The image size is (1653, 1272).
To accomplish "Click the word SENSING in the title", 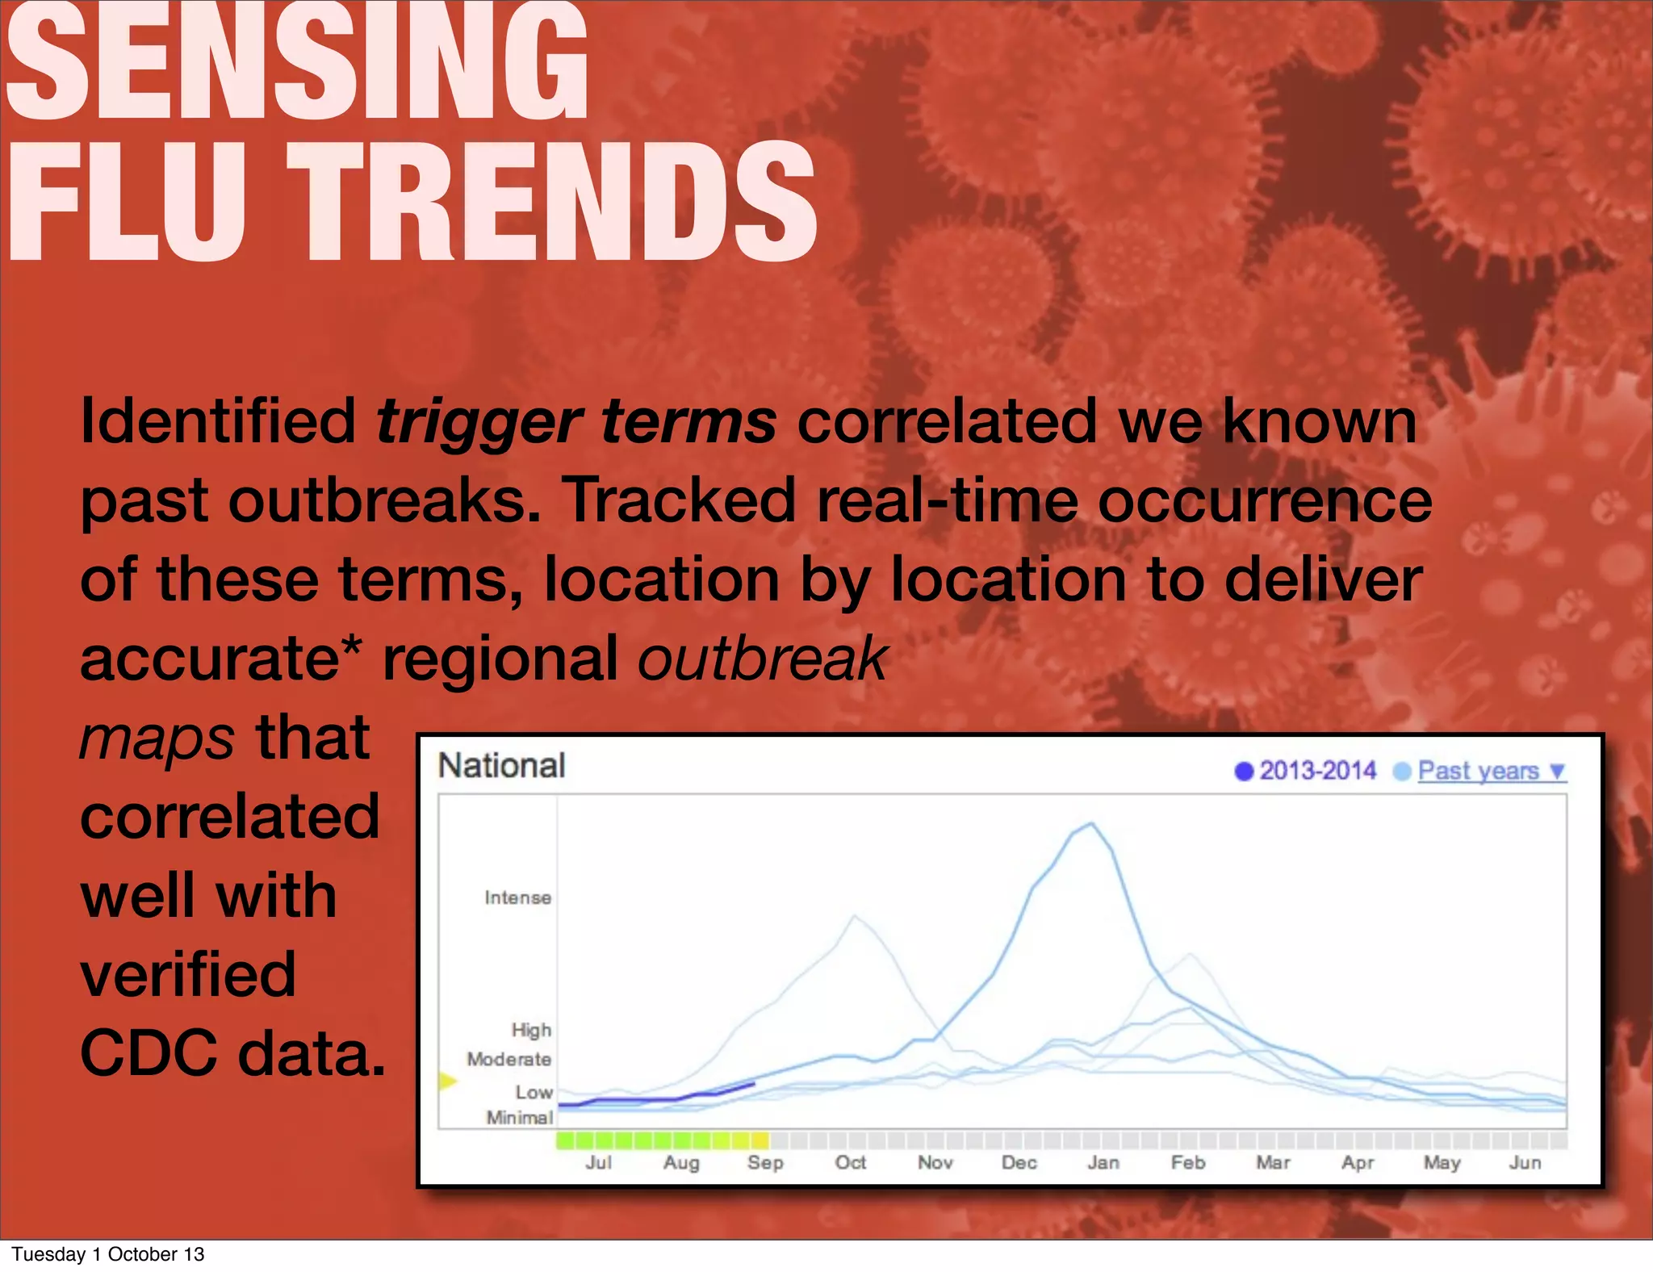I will tap(297, 65).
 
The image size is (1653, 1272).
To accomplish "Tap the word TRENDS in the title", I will tap(552, 203).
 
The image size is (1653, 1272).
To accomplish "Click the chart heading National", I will tap(501, 766).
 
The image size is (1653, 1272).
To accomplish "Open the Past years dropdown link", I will tap(1491, 772).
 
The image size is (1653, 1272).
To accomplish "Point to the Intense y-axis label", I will tap(517, 898).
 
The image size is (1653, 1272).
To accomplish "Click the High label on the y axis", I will tap(530, 1030).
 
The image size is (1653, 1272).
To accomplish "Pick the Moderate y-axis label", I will tap(508, 1059).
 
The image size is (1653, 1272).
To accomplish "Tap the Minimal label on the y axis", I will tap(519, 1118).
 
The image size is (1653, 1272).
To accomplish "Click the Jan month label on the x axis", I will tap(1103, 1163).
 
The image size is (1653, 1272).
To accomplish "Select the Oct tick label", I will tap(850, 1163).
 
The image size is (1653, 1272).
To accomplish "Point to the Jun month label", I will tap(1525, 1163).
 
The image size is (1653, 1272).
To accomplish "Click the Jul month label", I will tap(598, 1163).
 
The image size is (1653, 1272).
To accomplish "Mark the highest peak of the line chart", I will tap(1091, 823).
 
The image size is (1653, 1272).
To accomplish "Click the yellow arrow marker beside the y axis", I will tap(447, 1081).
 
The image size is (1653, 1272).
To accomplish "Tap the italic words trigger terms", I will tap(575, 422).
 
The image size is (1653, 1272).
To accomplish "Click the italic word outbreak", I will tap(763, 659).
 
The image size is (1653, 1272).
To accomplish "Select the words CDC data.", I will tap(232, 1053).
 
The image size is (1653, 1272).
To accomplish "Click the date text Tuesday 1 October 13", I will tap(108, 1254).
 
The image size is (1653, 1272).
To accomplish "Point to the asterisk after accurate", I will tap(352, 646).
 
